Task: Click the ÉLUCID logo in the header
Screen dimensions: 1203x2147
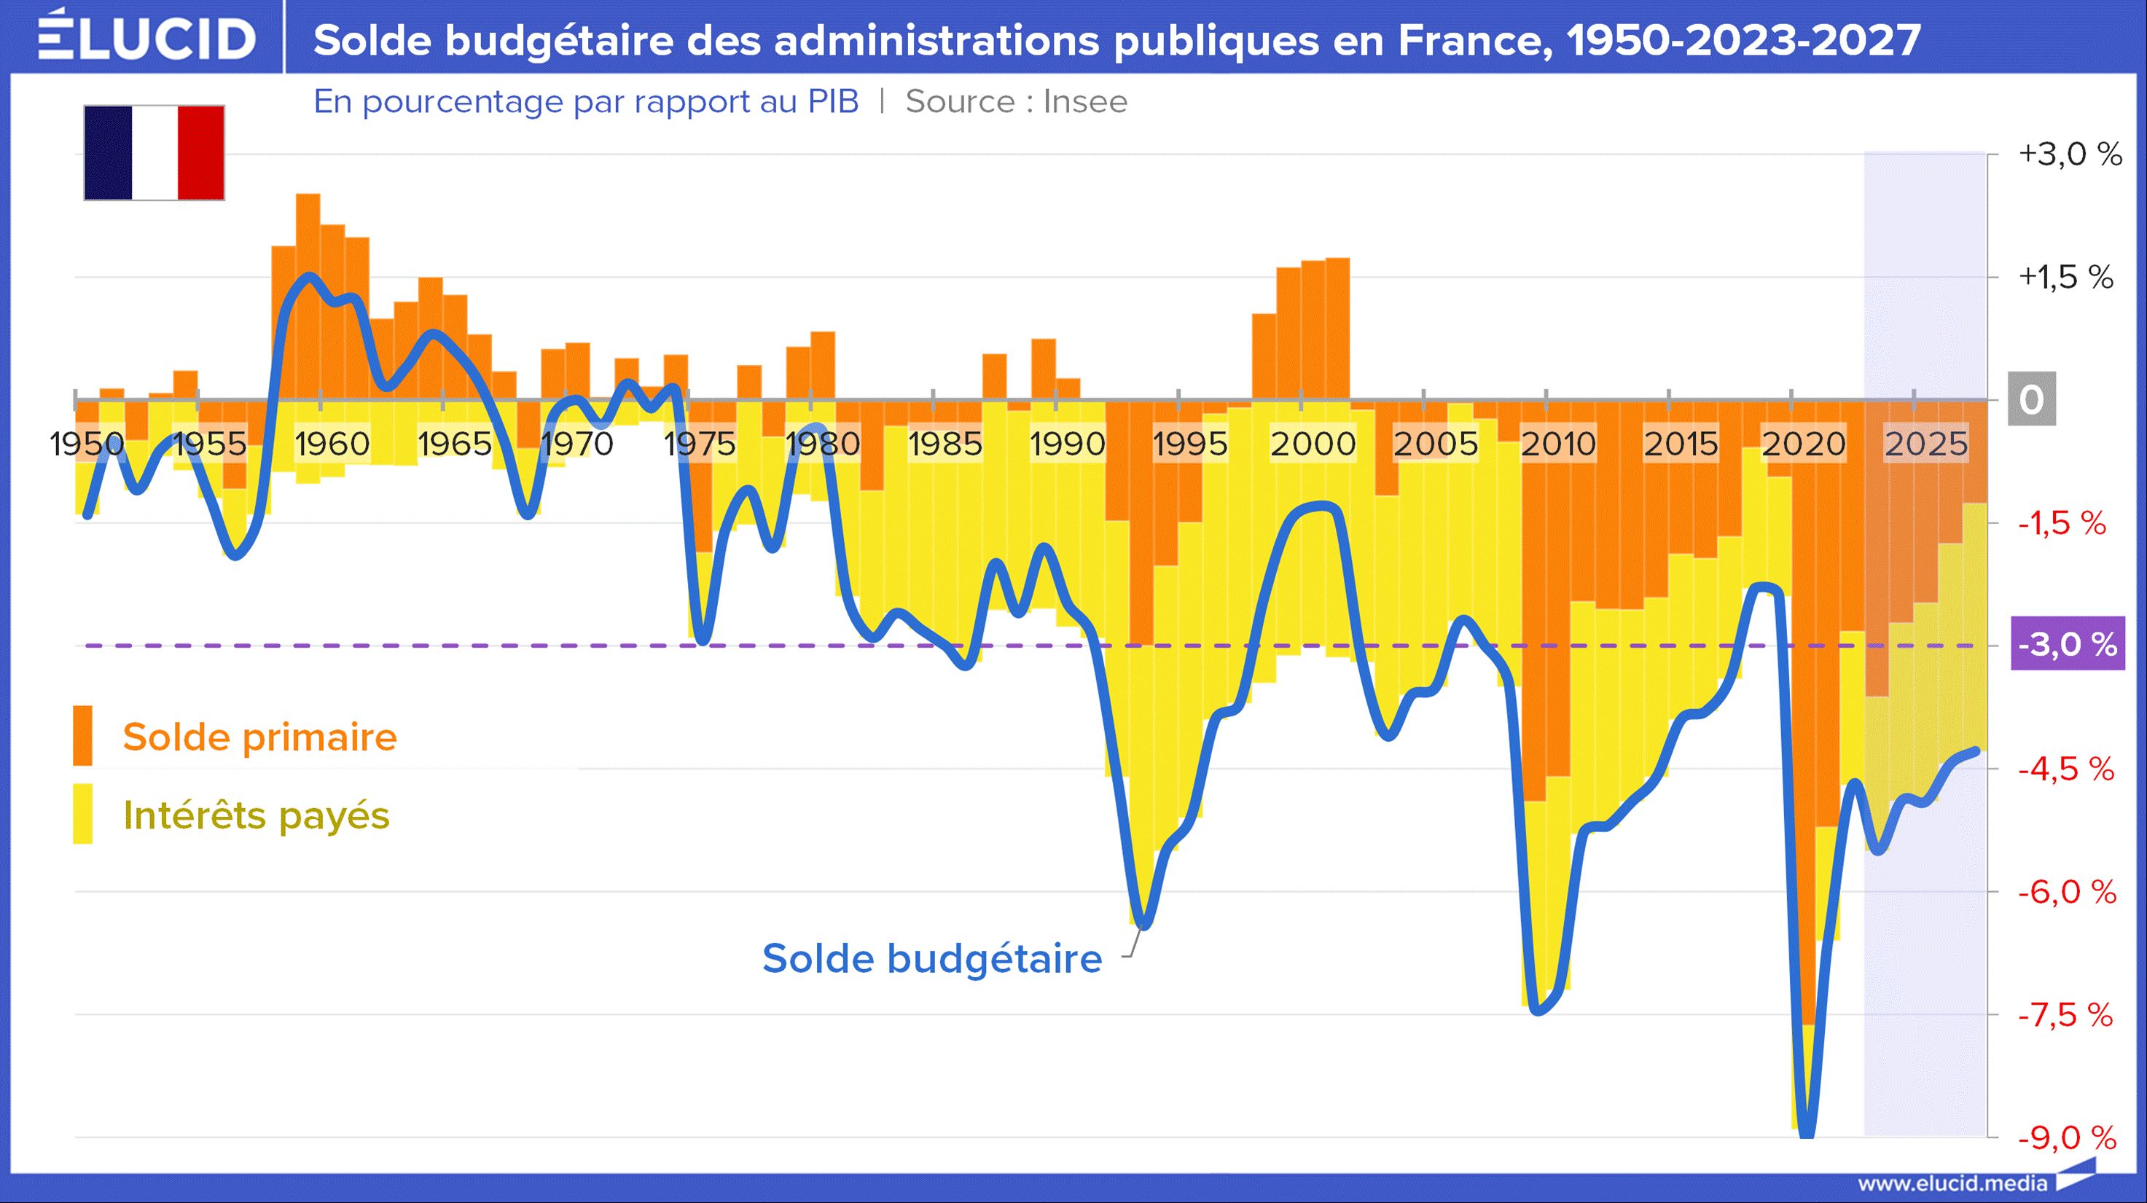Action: (x=146, y=37)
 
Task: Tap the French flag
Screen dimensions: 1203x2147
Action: (x=155, y=152)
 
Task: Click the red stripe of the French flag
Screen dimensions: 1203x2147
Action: (x=201, y=152)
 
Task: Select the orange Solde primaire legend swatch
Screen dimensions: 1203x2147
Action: (x=82, y=736)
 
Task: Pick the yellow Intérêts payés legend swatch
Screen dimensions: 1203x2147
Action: (x=82, y=814)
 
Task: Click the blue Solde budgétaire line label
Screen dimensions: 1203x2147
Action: (x=932, y=958)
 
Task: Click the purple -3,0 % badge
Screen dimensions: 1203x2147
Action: (x=2068, y=644)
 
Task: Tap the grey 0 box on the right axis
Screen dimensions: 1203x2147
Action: (x=2031, y=399)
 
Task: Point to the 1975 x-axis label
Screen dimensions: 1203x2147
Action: (x=700, y=444)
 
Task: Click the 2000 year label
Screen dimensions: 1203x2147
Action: (x=1313, y=444)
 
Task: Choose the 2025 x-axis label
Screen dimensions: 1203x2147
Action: (x=1926, y=444)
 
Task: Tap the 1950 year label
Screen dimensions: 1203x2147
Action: (x=87, y=444)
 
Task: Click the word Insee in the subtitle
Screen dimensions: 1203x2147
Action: (x=1084, y=101)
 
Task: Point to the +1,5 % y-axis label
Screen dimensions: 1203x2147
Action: (x=2066, y=277)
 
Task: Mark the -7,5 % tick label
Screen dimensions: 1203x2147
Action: (x=2065, y=1015)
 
